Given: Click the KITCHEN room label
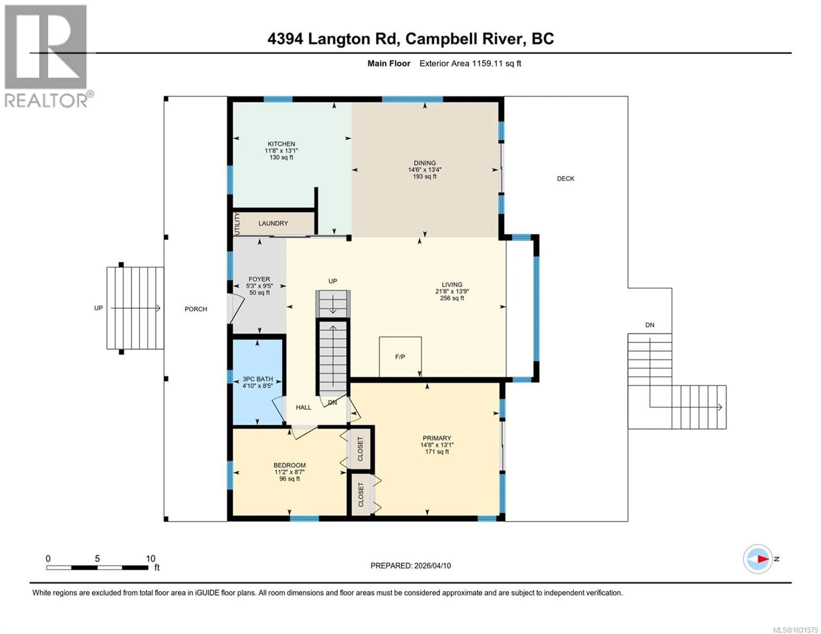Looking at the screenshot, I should coord(281,144).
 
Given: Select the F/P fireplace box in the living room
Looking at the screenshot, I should coord(400,357).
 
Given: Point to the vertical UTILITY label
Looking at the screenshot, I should coord(237,224).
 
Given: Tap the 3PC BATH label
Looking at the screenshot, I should coord(257,379).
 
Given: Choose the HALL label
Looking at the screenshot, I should coord(303,407).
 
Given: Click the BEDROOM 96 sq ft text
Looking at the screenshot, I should coord(289,479).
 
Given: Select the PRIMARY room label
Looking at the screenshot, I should coord(437,438).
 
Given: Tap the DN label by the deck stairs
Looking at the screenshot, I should coord(650,325).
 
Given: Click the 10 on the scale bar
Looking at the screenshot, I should coord(150,558).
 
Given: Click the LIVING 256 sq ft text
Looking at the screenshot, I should coord(452,298).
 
